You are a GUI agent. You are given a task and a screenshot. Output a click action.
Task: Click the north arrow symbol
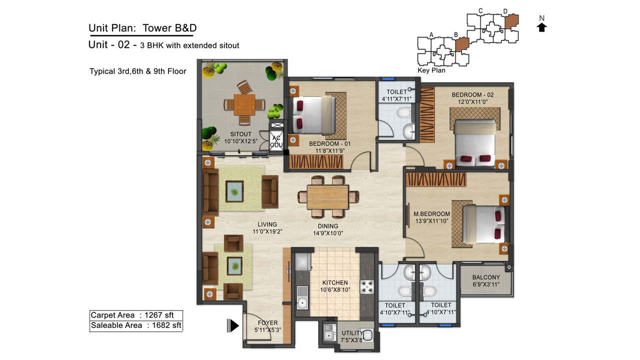tap(541, 27)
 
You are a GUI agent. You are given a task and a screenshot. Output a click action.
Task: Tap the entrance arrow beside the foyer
tap(233, 325)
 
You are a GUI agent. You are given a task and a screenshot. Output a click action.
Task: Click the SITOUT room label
tap(241, 134)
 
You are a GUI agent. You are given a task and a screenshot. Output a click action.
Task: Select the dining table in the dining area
tap(328, 197)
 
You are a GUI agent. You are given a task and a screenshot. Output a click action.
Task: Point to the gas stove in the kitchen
tap(367, 287)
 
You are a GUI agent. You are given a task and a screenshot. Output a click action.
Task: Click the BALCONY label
tap(486, 277)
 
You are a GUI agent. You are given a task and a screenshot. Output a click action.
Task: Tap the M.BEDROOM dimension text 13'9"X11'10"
tap(431, 221)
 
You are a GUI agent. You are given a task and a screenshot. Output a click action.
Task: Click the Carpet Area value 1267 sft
tap(159, 315)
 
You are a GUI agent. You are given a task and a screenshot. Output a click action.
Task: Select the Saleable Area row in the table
tap(136, 325)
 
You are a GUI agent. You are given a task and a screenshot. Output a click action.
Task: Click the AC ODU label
tap(276, 141)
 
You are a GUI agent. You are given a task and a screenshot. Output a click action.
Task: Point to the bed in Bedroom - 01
tap(312, 115)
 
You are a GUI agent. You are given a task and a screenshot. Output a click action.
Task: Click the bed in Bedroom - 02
tap(474, 142)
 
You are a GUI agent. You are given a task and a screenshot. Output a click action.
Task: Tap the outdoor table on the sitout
tap(244, 105)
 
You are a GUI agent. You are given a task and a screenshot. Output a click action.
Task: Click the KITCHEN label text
tap(335, 282)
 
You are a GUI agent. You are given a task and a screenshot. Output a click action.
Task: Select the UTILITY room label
tap(352, 333)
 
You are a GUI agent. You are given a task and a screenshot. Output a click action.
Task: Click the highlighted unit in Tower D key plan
tap(511, 21)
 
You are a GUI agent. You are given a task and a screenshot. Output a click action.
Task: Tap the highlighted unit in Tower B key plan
tap(461, 44)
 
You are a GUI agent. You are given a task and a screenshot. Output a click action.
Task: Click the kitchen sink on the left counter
tap(302, 297)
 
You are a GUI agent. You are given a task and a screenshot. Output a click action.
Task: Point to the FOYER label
tap(267, 323)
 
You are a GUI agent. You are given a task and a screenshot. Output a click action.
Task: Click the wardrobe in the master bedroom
tap(436, 179)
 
